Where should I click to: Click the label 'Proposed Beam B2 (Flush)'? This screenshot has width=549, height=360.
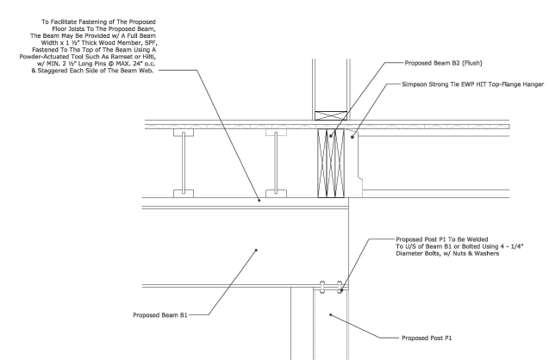pyautogui.click(x=443, y=63)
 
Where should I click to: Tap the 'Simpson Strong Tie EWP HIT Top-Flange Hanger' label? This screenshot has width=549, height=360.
pyautogui.click(x=472, y=84)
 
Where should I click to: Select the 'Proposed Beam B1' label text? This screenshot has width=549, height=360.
pyautogui.click(x=160, y=315)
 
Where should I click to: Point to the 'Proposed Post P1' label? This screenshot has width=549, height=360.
pyautogui.click(x=427, y=338)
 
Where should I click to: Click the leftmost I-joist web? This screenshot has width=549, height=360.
pyautogui.click(x=184, y=163)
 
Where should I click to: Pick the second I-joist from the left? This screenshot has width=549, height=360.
pyautogui.click(x=276, y=163)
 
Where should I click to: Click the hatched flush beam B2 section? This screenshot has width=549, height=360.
pyautogui.click(x=331, y=163)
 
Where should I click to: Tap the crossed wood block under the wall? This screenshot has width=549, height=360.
pyautogui.click(x=331, y=115)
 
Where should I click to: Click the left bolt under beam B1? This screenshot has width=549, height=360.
pyautogui.click(x=322, y=287)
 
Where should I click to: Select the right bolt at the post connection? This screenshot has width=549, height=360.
pyautogui.click(x=340, y=287)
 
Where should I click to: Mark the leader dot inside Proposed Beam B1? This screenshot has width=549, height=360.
pyautogui.click(x=256, y=250)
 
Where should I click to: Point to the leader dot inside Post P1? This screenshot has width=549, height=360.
pyautogui.click(x=331, y=315)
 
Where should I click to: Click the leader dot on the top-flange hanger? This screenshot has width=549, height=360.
pyautogui.click(x=352, y=137)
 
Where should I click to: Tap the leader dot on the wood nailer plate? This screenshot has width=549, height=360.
pyautogui.click(x=259, y=200)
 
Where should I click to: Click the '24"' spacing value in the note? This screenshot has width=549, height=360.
pyautogui.click(x=140, y=64)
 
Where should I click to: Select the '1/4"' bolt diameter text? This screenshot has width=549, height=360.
pyautogui.click(x=516, y=246)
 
